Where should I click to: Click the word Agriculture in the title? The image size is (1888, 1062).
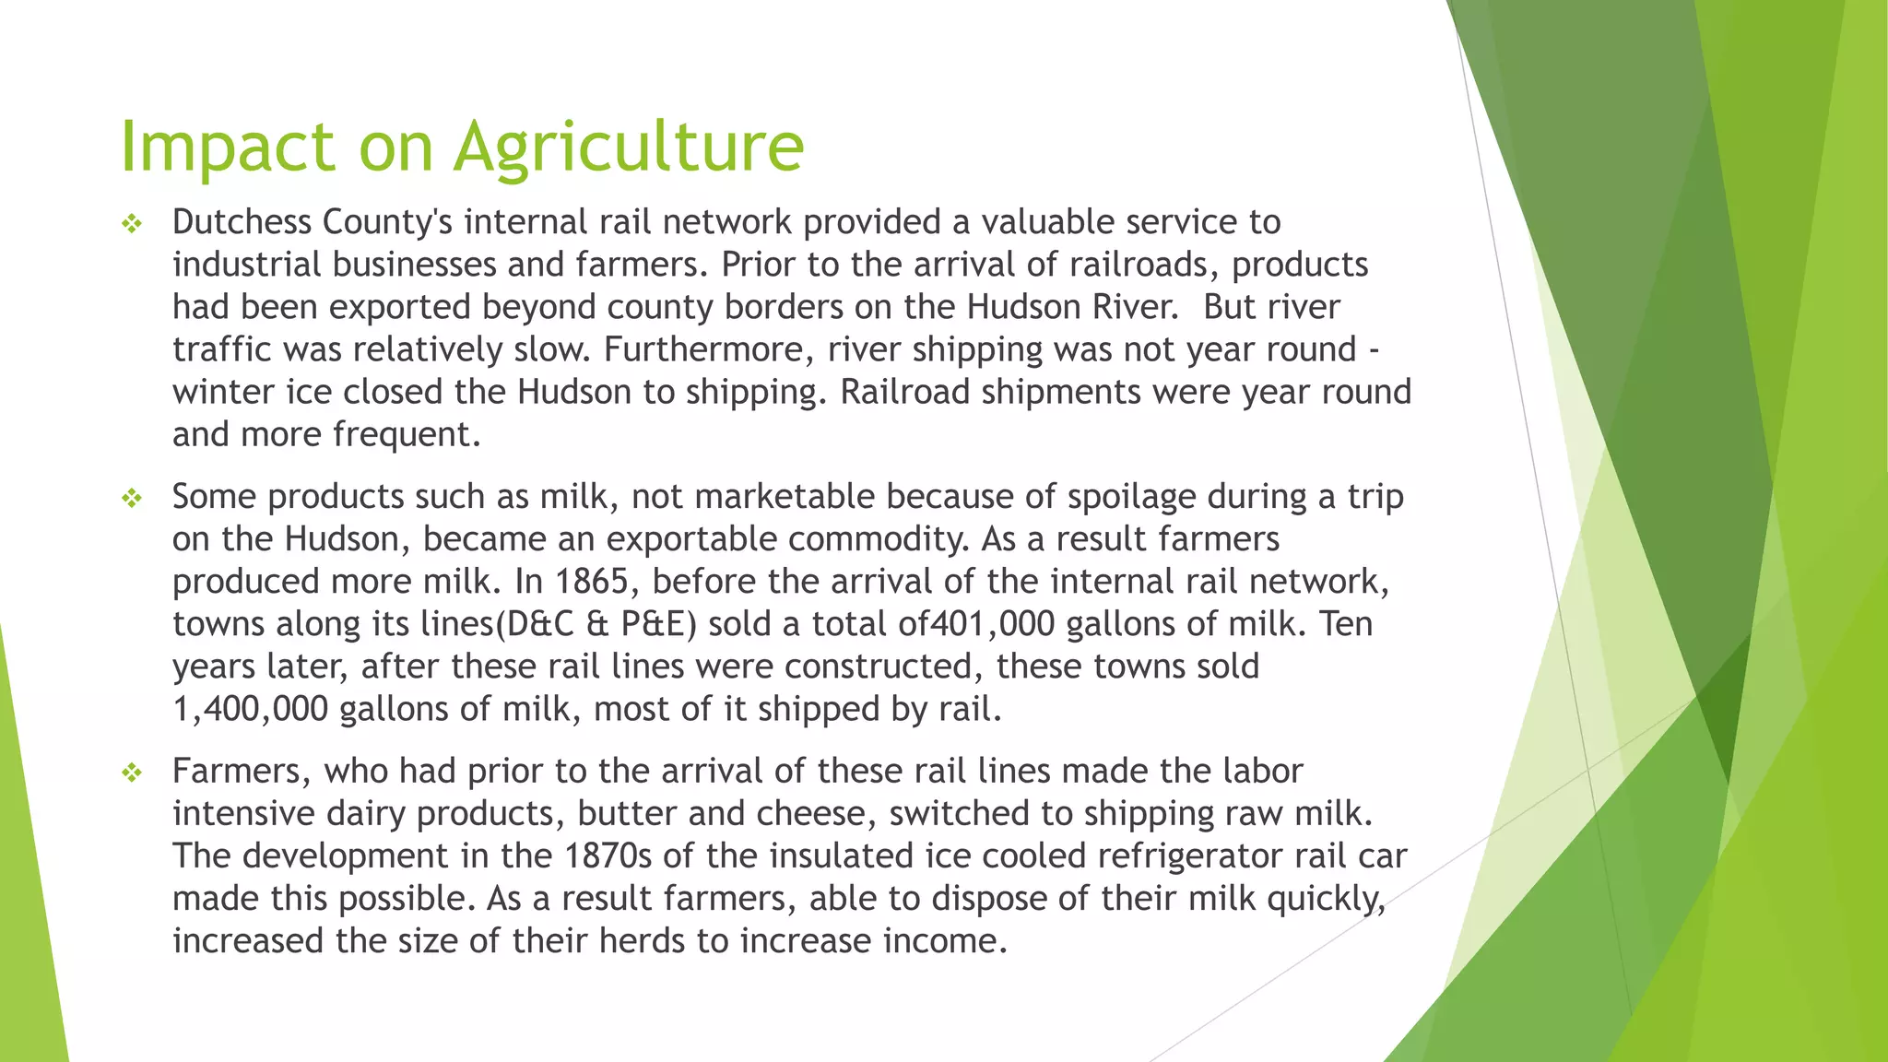click(x=630, y=147)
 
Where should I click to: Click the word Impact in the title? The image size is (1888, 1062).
click(x=227, y=147)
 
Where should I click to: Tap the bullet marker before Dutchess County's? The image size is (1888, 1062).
click(x=132, y=224)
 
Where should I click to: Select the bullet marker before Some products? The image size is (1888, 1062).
click(x=132, y=499)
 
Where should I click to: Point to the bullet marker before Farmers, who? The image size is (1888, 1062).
click(x=132, y=773)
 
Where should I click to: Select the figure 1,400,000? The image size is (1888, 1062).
click(x=250, y=709)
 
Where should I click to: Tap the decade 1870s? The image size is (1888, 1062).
click(x=608, y=855)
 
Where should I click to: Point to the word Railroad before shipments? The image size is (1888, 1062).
click(x=904, y=392)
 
